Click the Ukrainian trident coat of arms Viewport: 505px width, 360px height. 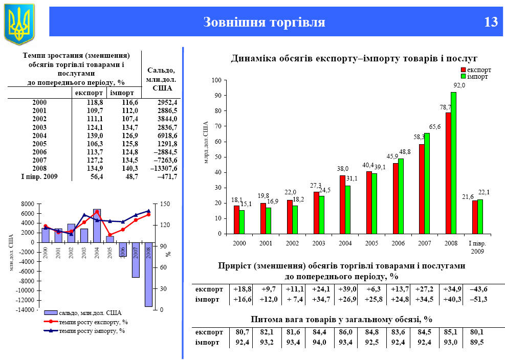click(19, 23)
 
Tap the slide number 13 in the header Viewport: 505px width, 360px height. click(490, 22)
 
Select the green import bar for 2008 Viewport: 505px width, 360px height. click(453, 163)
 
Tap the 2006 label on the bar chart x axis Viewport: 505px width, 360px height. click(398, 243)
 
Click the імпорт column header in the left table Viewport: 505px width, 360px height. click(123, 93)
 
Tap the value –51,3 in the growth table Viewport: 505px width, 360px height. click(478, 299)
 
